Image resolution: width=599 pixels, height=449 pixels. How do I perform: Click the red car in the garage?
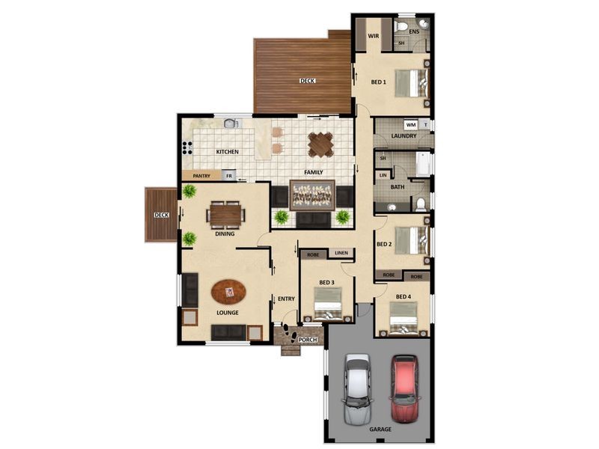click(404, 388)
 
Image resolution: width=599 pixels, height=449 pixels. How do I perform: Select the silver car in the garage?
click(358, 388)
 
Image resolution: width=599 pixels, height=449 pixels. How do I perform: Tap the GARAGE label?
click(380, 429)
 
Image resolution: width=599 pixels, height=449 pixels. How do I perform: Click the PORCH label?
click(308, 340)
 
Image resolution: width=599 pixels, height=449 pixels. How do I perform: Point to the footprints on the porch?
click(288, 333)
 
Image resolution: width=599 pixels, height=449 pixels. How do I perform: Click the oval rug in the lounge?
click(229, 292)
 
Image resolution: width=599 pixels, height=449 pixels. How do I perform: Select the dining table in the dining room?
click(226, 215)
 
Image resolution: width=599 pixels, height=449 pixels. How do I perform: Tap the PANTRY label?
click(201, 176)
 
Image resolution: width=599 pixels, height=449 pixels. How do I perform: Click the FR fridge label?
click(229, 176)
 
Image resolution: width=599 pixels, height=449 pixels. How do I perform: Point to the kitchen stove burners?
click(187, 147)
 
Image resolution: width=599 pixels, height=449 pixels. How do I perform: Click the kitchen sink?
click(231, 123)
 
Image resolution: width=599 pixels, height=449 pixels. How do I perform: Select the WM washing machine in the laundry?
click(411, 125)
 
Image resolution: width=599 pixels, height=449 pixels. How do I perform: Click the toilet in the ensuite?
click(401, 27)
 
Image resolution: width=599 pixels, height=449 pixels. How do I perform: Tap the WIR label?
click(373, 36)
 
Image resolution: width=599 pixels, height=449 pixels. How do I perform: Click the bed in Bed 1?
click(413, 83)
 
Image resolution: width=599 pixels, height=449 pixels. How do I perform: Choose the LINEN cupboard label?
click(341, 253)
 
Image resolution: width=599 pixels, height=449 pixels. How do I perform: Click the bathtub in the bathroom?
click(422, 165)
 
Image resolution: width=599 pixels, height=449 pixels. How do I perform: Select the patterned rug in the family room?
click(312, 195)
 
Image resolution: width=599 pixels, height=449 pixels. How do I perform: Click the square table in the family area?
click(320, 144)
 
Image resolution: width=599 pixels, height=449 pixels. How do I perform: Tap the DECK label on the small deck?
click(161, 215)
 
